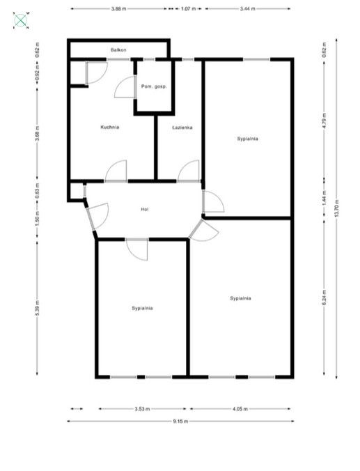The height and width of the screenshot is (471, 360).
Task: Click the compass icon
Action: pyautogui.click(x=22, y=20)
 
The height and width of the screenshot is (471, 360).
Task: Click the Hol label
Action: pyautogui.click(x=145, y=209)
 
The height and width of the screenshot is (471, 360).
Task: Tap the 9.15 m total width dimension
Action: pyautogui.click(x=180, y=421)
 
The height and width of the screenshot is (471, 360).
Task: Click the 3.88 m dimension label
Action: pyautogui.click(x=118, y=9)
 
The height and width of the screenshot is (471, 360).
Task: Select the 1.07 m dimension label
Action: pyautogui.click(x=188, y=9)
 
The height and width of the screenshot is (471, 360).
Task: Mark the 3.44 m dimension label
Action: pyautogui.click(x=247, y=9)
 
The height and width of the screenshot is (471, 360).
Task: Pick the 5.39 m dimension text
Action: pyautogui.click(x=37, y=307)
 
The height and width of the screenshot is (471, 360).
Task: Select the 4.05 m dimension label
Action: pyautogui.click(x=240, y=409)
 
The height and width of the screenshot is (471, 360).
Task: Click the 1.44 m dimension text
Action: pyautogui.click(x=324, y=196)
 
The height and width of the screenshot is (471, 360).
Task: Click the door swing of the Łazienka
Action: pyautogui.click(x=187, y=171)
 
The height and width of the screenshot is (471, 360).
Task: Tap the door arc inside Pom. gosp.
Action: pyautogui.click(x=126, y=86)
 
